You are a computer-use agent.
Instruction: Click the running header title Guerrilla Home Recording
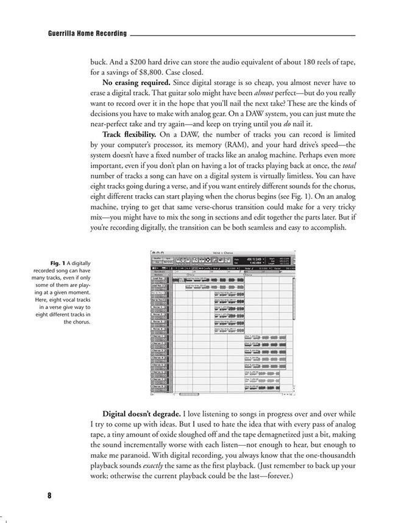tap(87, 33)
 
